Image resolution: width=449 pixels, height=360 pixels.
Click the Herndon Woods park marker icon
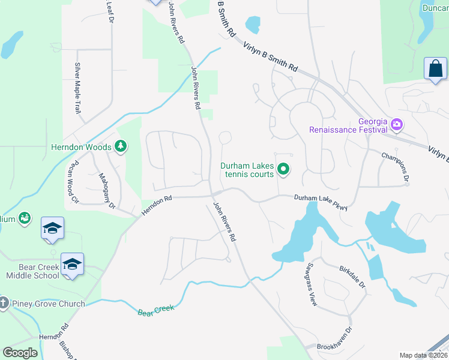(121, 146)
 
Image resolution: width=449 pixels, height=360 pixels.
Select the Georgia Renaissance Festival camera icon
(396, 125)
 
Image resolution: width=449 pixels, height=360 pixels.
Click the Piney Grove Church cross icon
(4, 304)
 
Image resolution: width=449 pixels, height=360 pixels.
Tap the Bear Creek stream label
(155, 311)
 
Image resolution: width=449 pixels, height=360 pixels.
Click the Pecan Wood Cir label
(74, 173)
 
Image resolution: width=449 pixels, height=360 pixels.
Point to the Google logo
(20, 352)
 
